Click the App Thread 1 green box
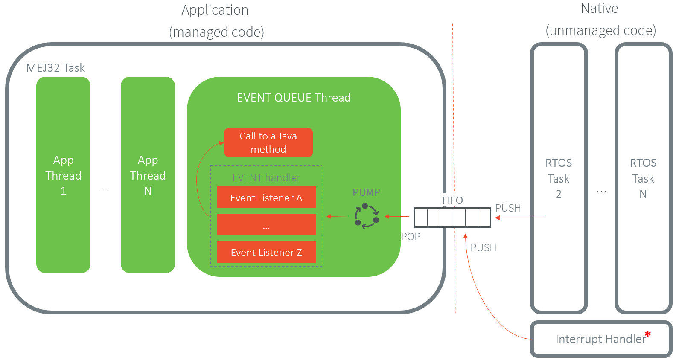point(63,175)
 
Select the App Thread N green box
point(148,175)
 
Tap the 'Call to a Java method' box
point(268,142)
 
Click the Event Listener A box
point(266,197)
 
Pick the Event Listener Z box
point(266,252)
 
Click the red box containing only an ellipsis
point(266,225)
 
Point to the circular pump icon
point(367,216)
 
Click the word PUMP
point(366,192)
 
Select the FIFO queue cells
point(452,218)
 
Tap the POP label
point(411,237)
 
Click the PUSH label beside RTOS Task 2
point(508,208)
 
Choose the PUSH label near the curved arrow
point(483,248)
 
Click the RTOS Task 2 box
point(559,178)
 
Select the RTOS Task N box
point(643,178)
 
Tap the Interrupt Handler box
point(600,339)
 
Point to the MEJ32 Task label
point(55,68)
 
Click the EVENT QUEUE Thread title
point(294,98)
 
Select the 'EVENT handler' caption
point(266,177)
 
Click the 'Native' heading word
point(599,9)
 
